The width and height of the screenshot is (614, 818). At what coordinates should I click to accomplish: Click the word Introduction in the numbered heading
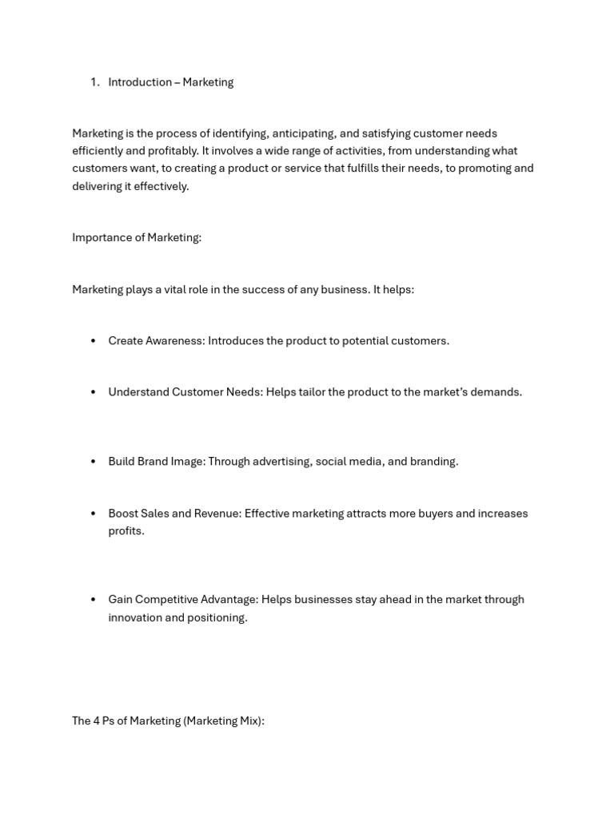tap(140, 82)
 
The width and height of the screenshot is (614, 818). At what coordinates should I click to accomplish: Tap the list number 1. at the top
tap(95, 82)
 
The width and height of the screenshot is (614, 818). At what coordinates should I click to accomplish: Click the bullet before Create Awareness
tap(94, 341)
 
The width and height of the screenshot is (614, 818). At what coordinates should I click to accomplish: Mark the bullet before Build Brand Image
tap(94, 462)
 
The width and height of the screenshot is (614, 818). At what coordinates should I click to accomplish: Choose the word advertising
tap(281, 462)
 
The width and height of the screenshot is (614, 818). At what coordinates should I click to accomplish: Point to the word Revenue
tap(217, 514)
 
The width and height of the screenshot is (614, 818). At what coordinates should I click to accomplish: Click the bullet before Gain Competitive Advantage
tap(94, 600)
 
